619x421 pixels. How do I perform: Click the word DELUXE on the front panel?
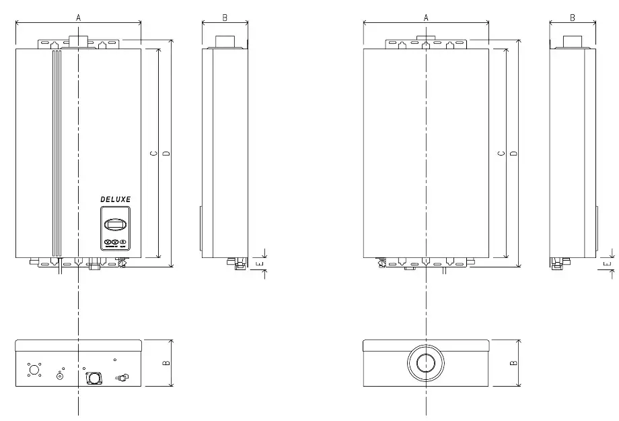(115, 199)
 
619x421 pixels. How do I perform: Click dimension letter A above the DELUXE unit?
(78, 18)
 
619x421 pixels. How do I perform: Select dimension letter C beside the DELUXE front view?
(154, 154)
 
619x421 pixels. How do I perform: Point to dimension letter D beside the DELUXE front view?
(166, 154)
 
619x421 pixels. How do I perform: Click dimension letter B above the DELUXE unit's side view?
(225, 18)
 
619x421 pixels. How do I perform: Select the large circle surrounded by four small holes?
(34, 368)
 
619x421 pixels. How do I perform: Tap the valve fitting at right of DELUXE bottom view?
(123, 378)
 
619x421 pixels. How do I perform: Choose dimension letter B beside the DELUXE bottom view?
(166, 363)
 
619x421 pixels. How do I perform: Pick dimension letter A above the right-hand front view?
(426, 18)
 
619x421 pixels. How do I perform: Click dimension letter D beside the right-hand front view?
(514, 154)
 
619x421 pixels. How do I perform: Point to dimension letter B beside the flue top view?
(514, 363)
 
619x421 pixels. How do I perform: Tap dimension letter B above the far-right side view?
(573, 18)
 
